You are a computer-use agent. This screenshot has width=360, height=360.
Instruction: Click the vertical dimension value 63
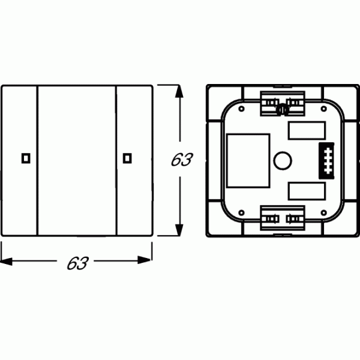182,160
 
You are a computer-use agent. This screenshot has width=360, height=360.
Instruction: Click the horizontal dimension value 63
77,263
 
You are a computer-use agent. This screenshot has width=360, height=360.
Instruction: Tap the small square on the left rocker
26,158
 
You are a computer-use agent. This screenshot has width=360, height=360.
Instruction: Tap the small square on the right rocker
127,158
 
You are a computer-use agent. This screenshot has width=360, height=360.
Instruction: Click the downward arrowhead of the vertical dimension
179,229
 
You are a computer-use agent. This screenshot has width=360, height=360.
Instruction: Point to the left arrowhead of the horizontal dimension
7,261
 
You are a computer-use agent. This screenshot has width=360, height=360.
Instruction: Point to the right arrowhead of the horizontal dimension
145,260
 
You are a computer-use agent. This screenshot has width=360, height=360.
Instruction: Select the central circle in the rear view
283,160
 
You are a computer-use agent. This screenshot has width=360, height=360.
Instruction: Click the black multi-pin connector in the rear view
326,161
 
